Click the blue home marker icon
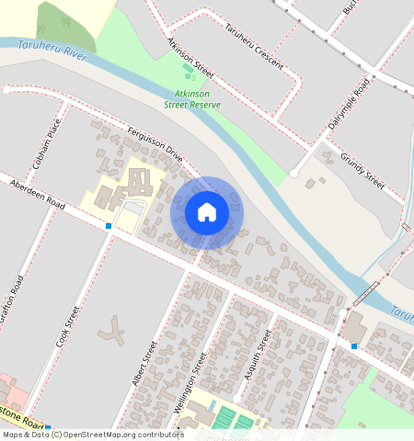[207, 212]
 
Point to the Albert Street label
[145, 362]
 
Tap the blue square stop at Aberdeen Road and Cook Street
[109, 225]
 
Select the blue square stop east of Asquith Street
[354, 345]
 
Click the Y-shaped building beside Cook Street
[114, 331]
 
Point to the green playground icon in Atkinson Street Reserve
[189, 70]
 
